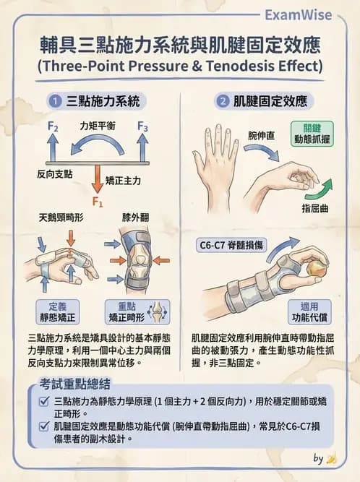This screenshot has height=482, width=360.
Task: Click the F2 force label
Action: pyautogui.click(x=52, y=127)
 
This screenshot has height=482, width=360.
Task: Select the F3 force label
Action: pyautogui.click(x=142, y=128)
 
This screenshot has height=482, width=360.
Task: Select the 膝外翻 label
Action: pyautogui.click(x=135, y=217)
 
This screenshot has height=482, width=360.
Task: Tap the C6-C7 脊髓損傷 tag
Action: pyautogui.click(x=232, y=246)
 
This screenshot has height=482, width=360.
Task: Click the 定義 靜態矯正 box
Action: pyautogui.click(x=57, y=311)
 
